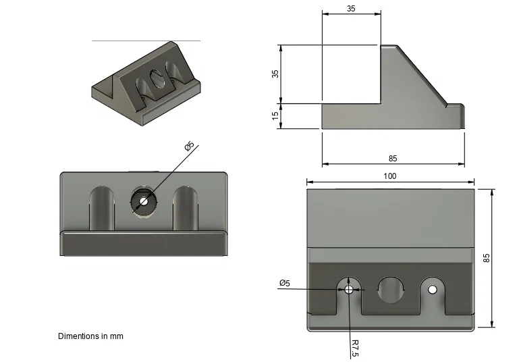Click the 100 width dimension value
[x=389, y=176]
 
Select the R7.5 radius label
[x=354, y=348]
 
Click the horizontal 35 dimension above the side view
[x=351, y=9]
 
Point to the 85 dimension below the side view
[x=393, y=159]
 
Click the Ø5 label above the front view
[x=190, y=146]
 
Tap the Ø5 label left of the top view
[x=284, y=283]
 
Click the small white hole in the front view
[x=143, y=201]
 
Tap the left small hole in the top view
[x=348, y=289]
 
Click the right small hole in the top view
[x=432, y=289]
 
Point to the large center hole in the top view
[x=389, y=289]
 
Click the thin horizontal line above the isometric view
[x=146, y=41]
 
